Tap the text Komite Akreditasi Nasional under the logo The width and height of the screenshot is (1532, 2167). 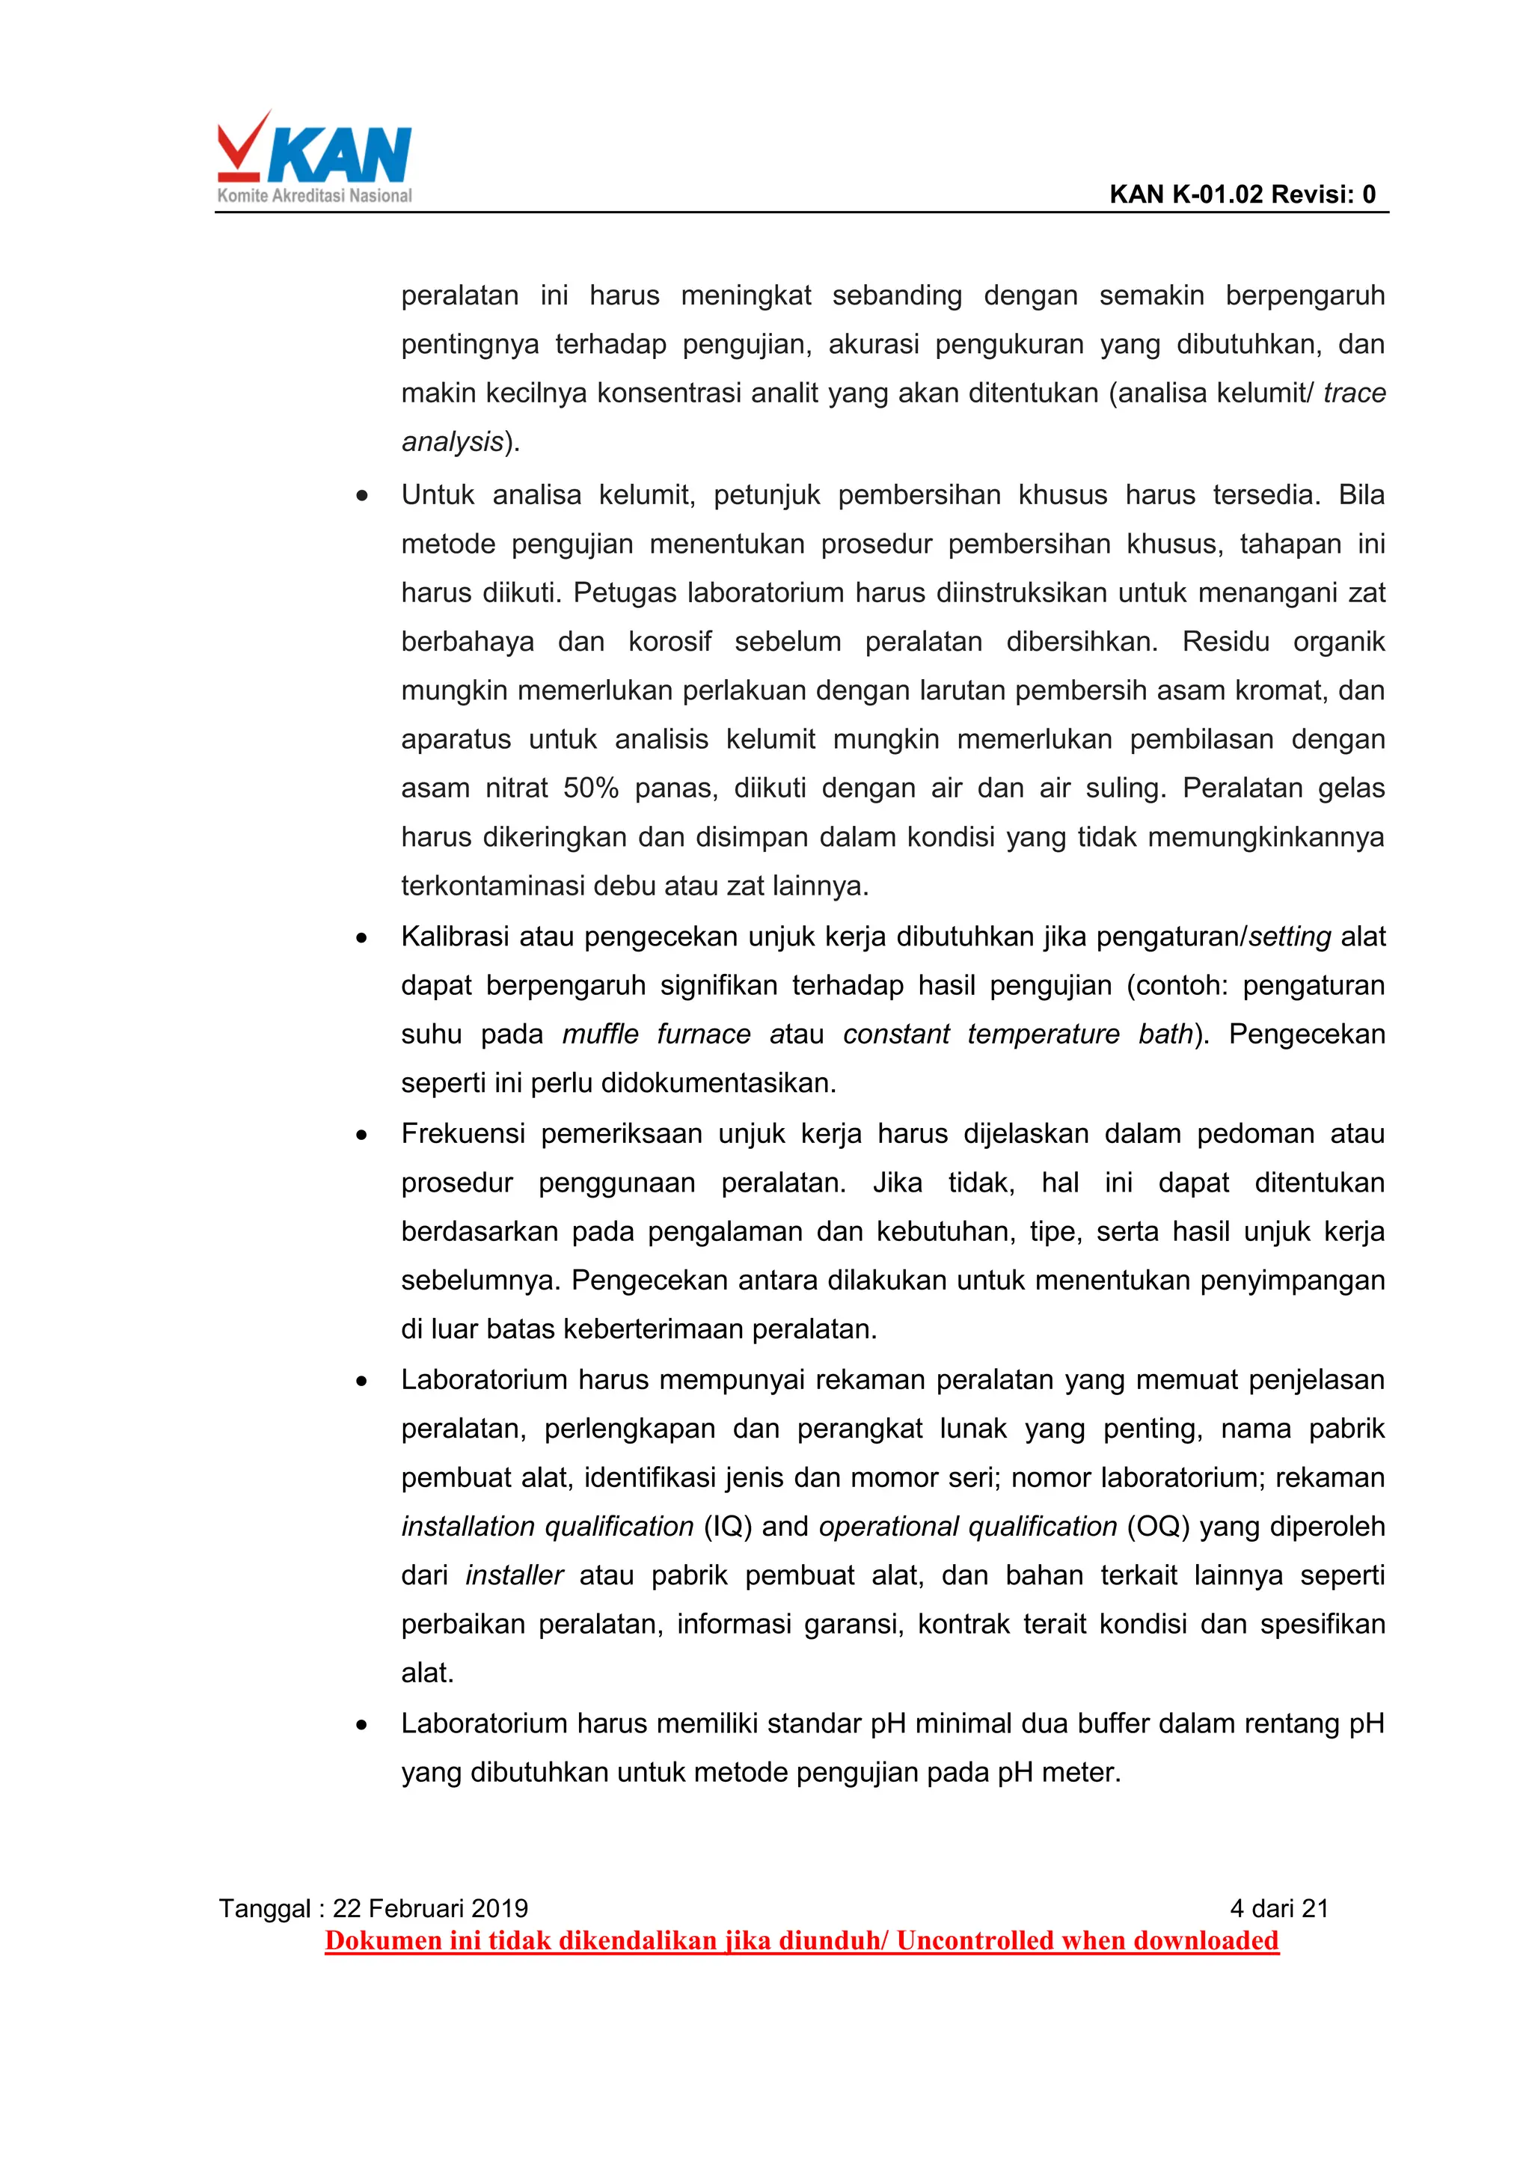[314, 196]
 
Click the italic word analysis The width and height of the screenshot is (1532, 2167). [452, 442]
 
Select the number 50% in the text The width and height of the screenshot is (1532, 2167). [590, 788]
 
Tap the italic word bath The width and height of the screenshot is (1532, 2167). [1165, 1035]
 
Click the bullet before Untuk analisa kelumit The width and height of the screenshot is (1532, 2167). [361, 495]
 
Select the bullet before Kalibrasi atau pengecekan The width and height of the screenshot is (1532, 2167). [361, 937]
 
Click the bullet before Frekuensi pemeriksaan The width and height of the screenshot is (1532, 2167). [361, 1135]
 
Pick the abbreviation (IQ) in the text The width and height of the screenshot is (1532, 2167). [728, 1526]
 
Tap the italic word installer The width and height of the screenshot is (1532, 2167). [515, 1575]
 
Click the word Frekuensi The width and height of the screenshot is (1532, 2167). [462, 1133]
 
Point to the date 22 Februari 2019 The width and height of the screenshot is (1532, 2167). [429, 1908]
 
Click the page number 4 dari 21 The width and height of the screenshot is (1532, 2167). [1279, 1908]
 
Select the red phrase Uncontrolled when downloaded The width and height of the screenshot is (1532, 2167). [1088, 1940]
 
